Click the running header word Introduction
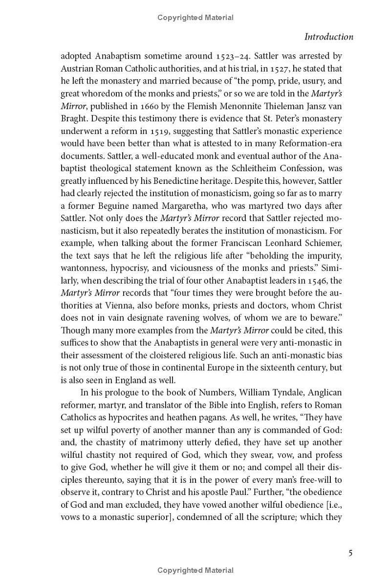(328, 37)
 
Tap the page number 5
(350, 553)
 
